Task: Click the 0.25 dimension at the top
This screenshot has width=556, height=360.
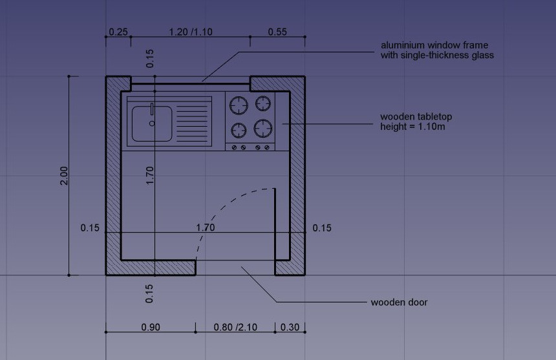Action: click(118, 32)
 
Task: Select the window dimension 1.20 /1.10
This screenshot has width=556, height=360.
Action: click(191, 32)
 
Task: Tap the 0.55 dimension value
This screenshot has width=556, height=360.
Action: click(277, 32)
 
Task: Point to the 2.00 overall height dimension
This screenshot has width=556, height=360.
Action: click(64, 175)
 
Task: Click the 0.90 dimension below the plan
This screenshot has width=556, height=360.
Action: click(151, 327)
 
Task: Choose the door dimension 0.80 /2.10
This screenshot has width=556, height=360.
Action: click(235, 327)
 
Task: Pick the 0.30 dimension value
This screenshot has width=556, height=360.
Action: click(290, 327)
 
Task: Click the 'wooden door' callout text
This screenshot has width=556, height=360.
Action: click(400, 302)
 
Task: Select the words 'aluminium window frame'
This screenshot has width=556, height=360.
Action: click(434, 45)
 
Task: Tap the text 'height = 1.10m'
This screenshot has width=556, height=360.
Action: click(412, 127)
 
